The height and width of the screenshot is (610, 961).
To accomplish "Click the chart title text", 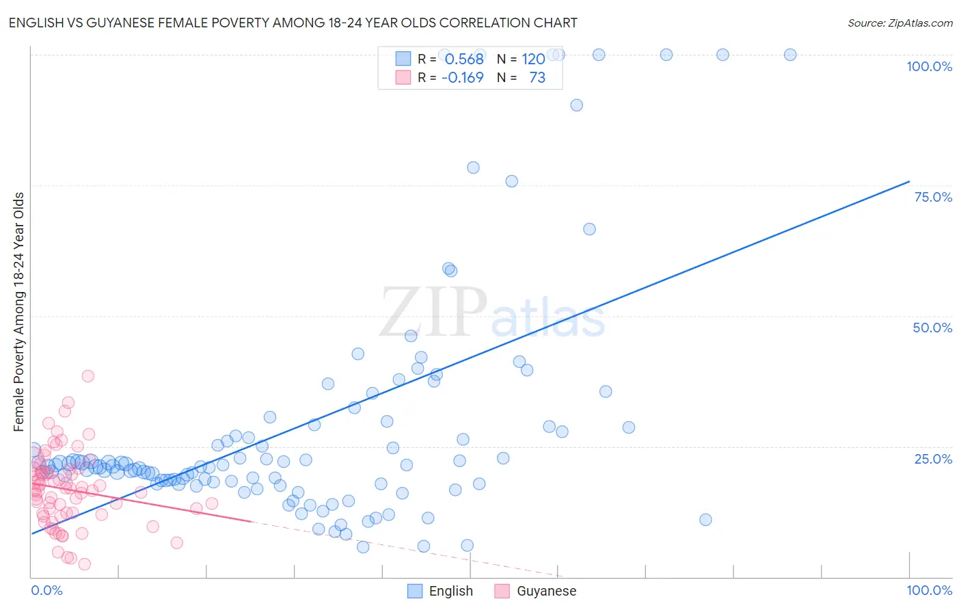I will (293, 23).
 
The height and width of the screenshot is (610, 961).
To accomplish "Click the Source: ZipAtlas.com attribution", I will (899, 23).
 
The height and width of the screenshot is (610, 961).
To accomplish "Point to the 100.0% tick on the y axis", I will (929, 66).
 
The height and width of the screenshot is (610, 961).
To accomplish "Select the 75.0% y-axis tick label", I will (933, 197).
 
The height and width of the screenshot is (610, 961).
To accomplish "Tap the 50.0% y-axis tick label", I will (932, 328).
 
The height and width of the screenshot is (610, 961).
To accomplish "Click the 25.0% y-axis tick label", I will (933, 458).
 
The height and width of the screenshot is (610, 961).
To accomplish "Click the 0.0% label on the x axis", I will (46, 590).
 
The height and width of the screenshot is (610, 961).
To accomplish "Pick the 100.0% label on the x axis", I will (929, 590).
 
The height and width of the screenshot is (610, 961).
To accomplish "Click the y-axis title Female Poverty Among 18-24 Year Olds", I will (19, 312).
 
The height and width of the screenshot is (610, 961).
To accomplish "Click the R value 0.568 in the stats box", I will (464, 59).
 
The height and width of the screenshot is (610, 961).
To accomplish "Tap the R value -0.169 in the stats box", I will (463, 77).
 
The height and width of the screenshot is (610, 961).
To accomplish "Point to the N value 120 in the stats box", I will (533, 59).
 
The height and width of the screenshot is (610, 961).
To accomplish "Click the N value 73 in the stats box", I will (537, 77).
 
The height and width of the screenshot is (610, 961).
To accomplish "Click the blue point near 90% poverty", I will (576, 105).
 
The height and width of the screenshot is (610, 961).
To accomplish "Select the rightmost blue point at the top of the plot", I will (790, 55).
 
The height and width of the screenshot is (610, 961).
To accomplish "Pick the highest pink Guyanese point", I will (87, 375).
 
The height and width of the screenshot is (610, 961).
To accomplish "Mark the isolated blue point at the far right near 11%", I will (705, 520).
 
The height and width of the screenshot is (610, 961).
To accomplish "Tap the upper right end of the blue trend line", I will (909, 181).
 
